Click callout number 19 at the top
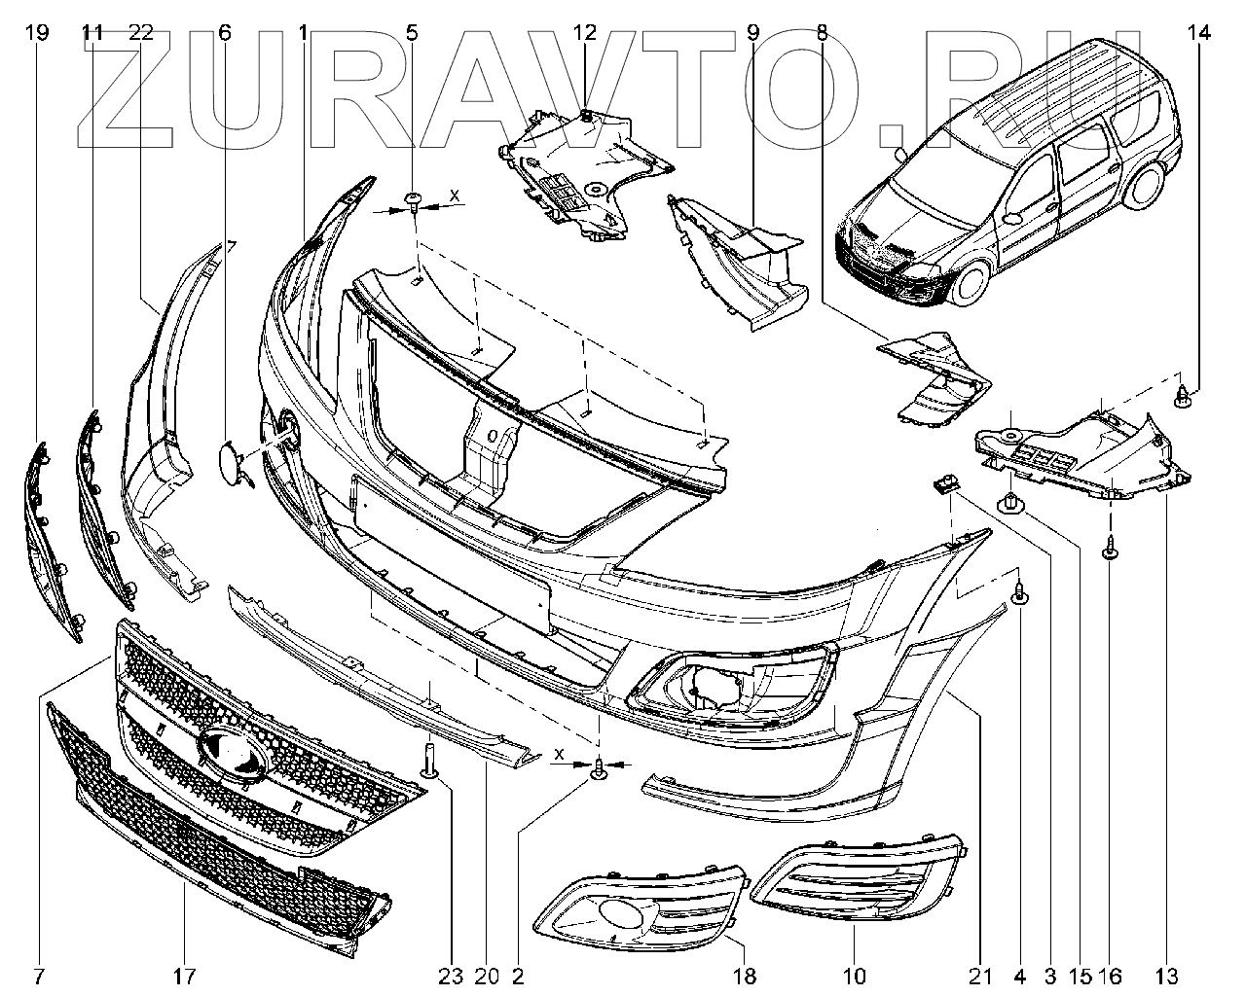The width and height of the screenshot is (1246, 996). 37,33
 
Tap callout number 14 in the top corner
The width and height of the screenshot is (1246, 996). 1198,33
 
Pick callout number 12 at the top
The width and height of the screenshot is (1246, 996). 584,33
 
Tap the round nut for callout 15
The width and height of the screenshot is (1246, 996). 1010,503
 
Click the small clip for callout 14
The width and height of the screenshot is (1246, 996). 1183,395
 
